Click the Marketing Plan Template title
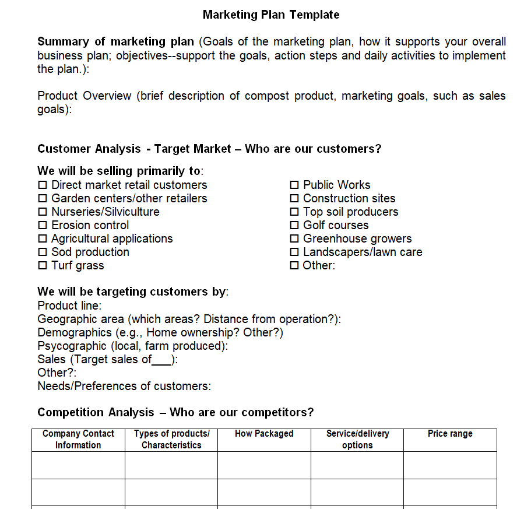point(271,15)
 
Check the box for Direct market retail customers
point(43,185)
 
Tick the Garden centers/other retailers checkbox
point(43,198)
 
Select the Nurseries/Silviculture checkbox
point(43,212)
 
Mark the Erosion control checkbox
point(43,225)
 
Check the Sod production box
point(43,252)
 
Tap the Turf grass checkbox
point(43,265)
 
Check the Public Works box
point(294,185)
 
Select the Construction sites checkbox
point(294,198)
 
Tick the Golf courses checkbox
point(294,225)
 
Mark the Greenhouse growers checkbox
point(294,238)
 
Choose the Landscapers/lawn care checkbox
point(294,252)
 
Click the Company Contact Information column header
point(78,439)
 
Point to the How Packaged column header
point(264,434)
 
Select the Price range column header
point(450,434)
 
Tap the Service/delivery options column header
point(357,439)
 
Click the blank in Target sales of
point(161,360)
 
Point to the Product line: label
point(69,306)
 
